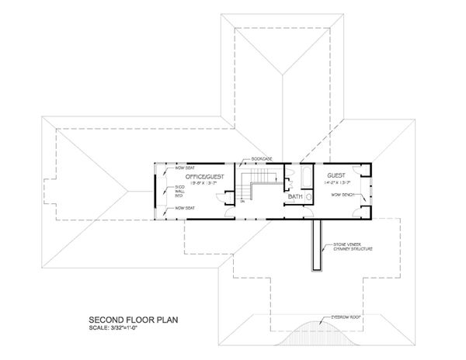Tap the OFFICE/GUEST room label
click(195, 176)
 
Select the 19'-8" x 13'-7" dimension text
click(195, 185)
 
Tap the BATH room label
click(295, 198)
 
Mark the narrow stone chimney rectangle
click(317, 244)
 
